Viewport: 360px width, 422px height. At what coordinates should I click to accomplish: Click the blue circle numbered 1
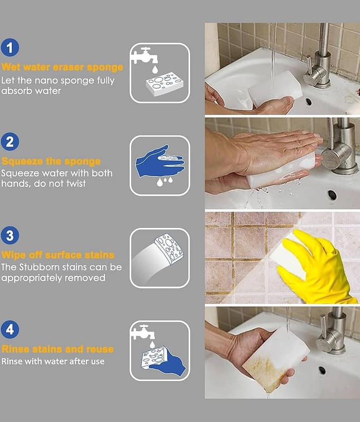coord(10,47)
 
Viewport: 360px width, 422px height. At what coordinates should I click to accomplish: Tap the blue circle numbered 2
coord(10,141)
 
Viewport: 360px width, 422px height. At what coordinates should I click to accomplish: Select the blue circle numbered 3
coord(10,235)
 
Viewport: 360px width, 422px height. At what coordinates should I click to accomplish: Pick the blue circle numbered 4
coord(10,329)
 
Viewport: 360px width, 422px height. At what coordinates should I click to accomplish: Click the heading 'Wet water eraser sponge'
coord(62,68)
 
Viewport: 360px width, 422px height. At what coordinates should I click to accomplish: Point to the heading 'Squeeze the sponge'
coord(51,161)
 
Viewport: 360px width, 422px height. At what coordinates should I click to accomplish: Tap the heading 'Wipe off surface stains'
coord(58,255)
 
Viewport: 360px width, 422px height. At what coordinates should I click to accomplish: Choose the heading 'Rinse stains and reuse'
coord(57,349)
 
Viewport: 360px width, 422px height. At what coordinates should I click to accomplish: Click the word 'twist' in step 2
coord(76,184)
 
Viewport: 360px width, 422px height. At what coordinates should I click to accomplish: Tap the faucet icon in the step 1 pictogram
coord(144,56)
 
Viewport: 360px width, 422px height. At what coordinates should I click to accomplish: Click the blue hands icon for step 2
coord(160,161)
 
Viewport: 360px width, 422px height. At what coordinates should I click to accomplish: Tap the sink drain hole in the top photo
coord(308,102)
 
